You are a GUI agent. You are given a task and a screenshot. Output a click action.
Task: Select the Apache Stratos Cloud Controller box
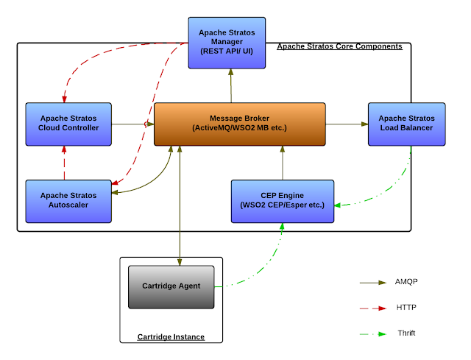click(68, 124)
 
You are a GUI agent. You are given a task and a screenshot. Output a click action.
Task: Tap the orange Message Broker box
click(239, 124)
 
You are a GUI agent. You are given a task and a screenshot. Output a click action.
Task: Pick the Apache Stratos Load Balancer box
click(406, 124)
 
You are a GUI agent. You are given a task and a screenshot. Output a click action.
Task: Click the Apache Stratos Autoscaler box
click(68, 200)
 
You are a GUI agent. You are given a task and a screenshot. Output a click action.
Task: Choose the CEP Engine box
click(283, 200)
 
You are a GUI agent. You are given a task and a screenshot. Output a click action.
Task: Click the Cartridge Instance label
click(171, 336)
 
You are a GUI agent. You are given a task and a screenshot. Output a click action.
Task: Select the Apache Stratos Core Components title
click(339, 46)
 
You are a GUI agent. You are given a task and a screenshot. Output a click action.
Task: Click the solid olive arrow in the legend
click(373, 282)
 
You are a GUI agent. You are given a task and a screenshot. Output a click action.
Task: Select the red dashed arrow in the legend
click(373, 308)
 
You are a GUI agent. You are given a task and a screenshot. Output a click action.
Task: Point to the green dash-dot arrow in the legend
click(373, 333)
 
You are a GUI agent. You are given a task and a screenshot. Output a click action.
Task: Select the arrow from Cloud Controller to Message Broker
click(132, 124)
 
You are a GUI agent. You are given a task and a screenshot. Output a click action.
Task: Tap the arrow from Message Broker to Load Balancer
click(346, 124)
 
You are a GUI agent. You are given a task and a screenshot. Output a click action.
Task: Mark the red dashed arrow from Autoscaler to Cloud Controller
click(64, 162)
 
